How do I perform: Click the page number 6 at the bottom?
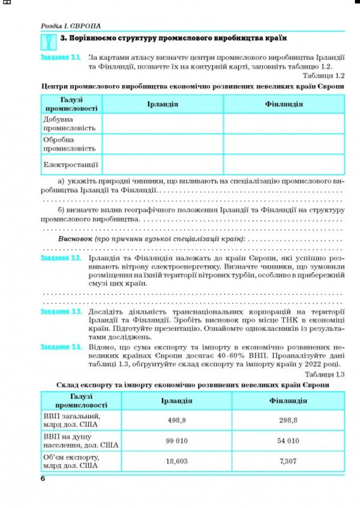[x=43, y=477]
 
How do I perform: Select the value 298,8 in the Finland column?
[x=289, y=420]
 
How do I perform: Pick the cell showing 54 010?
[x=289, y=441]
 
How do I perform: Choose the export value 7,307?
[x=289, y=461]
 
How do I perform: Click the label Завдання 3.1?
[x=60, y=58]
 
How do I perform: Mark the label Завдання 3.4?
[x=60, y=347]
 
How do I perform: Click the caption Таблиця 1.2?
[x=323, y=76]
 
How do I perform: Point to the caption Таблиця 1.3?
[x=323, y=374]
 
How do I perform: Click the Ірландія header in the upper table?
[x=163, y=104]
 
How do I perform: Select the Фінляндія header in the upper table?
[x=284, y=104]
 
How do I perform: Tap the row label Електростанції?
[x=70, y=164]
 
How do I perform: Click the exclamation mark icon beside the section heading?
[x=49, y=42]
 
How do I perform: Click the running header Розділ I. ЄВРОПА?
[x=70, y=26]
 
